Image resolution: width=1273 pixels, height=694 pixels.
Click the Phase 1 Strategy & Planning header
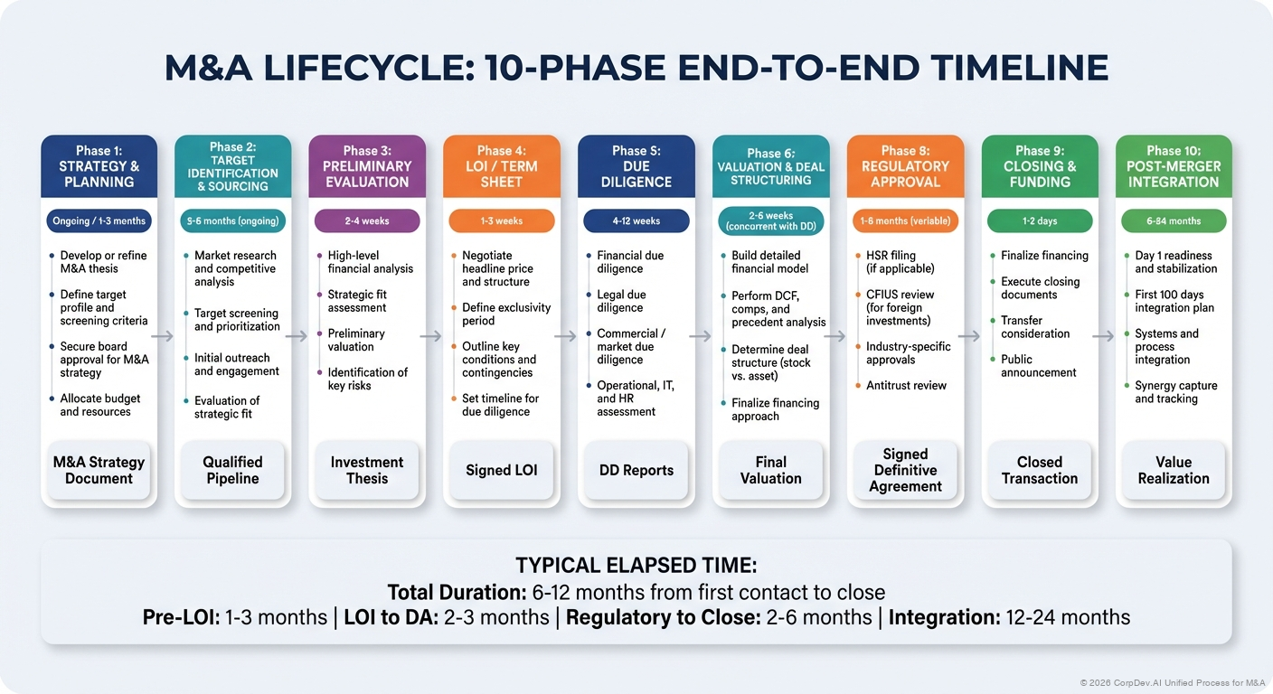tap(99, 166)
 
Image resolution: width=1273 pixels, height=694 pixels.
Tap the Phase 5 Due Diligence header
tap(636, 166)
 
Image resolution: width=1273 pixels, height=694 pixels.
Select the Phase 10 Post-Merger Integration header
tap(1174, 166)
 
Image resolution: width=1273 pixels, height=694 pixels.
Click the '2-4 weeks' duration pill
tap(367, 220)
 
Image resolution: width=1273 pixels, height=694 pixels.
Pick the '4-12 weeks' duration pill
tap(636, 220)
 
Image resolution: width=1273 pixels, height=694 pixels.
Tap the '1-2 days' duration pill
tap(1040, 220)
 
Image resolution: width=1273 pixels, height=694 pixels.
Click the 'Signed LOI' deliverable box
tap(501, 470)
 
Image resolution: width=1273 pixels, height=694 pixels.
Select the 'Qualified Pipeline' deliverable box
tap(232, 470)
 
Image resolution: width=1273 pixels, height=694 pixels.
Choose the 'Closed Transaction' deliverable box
tap(1040, 470)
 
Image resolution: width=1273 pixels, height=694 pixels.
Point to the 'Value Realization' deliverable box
tap(1174, 470)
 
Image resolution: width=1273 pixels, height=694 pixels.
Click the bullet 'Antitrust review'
tap(906, 386)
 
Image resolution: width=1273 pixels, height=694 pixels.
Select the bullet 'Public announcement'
tap(1038, 366)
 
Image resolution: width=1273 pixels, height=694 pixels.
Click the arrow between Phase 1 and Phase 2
tap(164, 336)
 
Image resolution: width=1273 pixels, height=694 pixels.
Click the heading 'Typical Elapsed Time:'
tap(636, 566)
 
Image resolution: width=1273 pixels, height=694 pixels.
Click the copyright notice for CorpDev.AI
tap(1172, 682)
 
